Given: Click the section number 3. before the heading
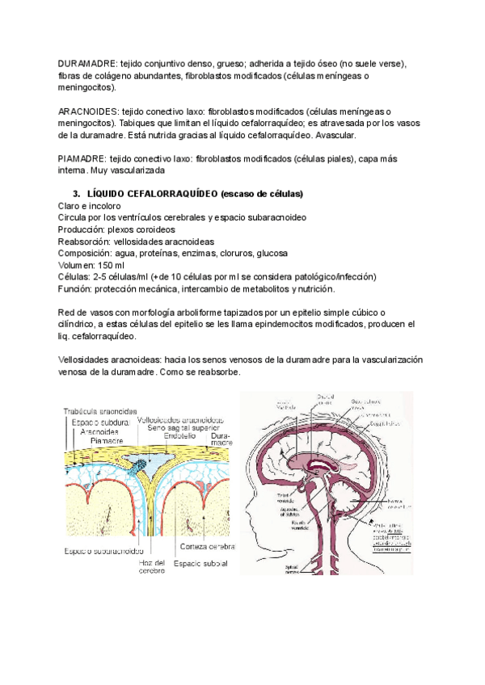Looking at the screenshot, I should [77, 194].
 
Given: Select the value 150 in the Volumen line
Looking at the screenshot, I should [108, 265].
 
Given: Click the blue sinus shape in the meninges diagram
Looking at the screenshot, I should [139, 463].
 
